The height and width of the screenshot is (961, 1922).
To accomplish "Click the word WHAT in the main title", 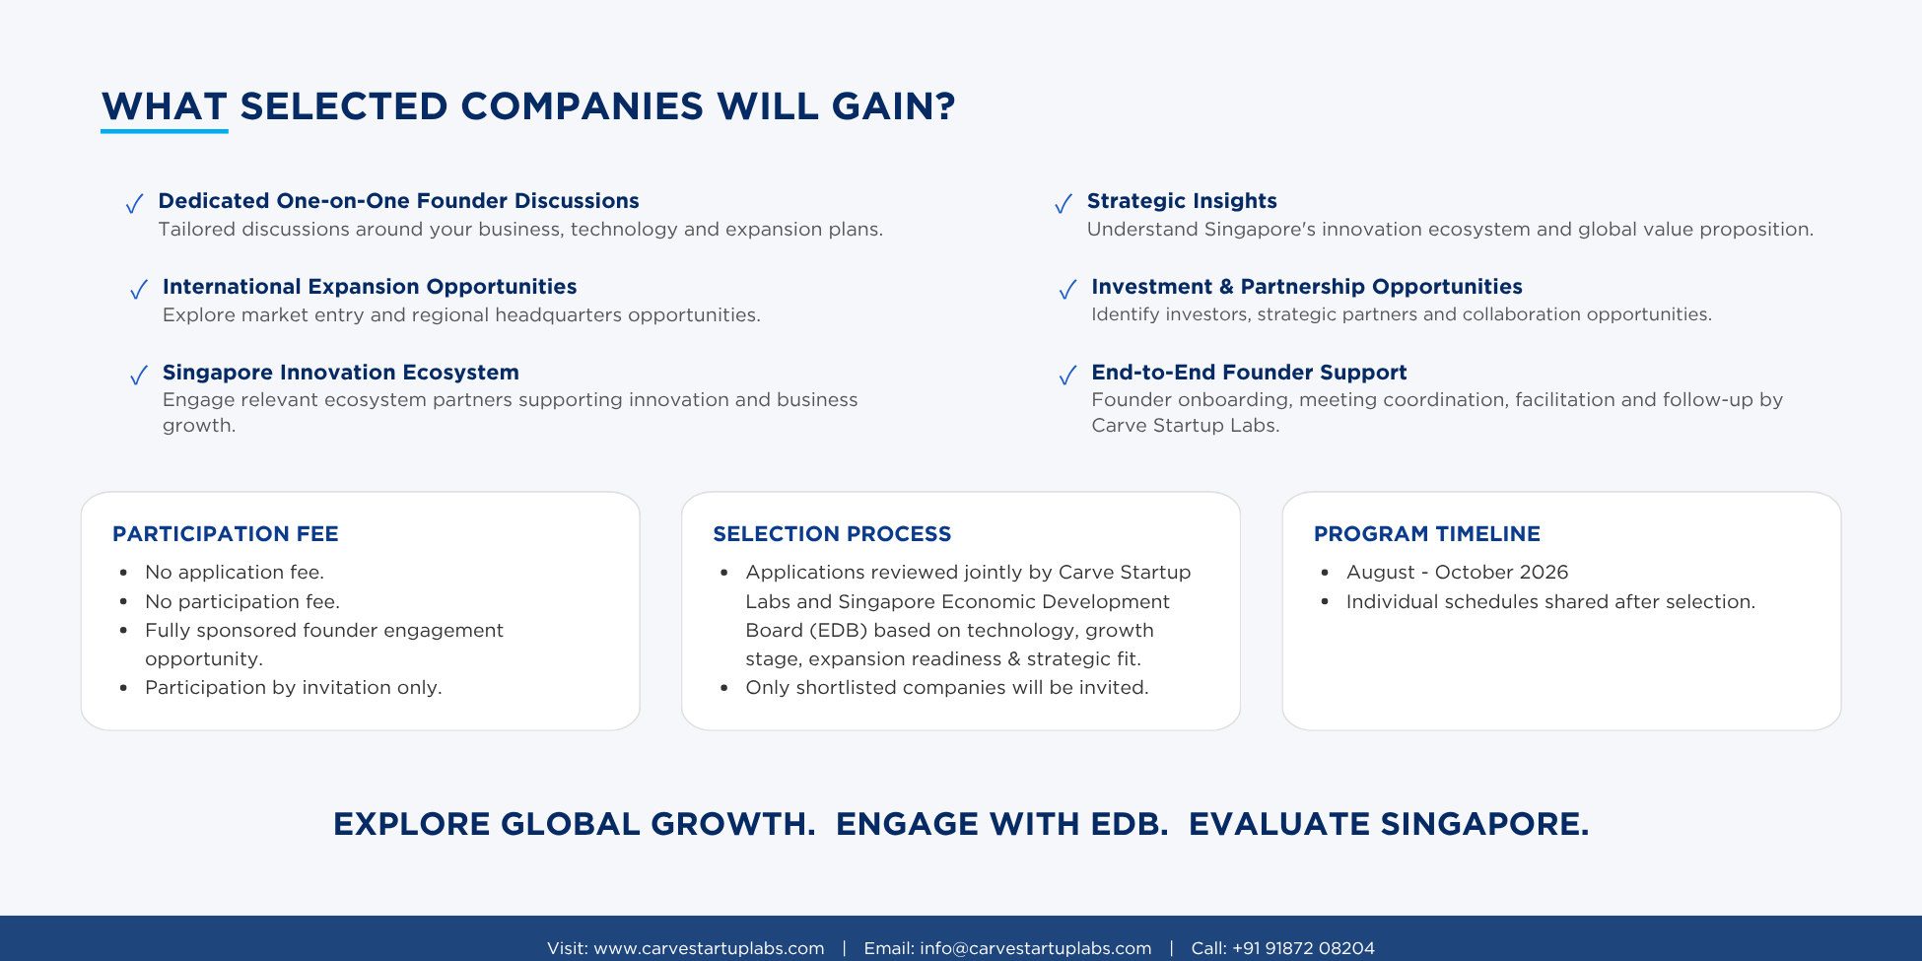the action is (x=165, y=106).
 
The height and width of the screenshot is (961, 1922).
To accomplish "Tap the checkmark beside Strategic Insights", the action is (x=1064, y=204).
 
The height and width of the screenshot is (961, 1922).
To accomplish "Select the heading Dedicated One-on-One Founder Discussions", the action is (x=398, y=201).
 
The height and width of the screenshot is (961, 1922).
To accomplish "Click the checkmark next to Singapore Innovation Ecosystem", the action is (x=139, y=376).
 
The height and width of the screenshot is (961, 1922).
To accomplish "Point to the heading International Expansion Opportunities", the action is (x=370, y=287).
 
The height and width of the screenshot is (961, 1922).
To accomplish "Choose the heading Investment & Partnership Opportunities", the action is (x=1307, y=287).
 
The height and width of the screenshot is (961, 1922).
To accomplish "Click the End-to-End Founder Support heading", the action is (x=1249, y=373).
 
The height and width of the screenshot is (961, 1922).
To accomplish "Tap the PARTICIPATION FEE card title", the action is (x=226, y=534).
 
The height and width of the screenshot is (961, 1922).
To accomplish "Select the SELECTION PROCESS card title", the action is (x=832, y=534).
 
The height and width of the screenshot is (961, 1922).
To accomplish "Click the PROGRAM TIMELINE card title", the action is (x=1427, y=534).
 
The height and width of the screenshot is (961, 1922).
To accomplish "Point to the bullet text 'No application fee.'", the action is (x=235, y=573).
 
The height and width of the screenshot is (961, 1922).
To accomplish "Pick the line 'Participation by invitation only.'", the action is (x=294, y=688).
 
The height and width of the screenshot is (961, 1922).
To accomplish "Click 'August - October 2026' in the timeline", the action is (x=1457, y=573).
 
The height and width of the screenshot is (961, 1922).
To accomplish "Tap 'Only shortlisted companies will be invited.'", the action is (x=947, y=688).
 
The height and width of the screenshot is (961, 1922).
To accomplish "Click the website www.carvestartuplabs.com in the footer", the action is (x=709, y=948).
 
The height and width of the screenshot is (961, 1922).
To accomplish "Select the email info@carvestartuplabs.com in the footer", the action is (x=1035, y=948).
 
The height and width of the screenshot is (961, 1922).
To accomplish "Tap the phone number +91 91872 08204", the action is (x=1303, y=948).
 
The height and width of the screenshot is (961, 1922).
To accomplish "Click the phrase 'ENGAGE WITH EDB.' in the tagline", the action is (x=1001, y=824).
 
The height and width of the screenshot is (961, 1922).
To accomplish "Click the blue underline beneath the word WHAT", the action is (x=165, y=130).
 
